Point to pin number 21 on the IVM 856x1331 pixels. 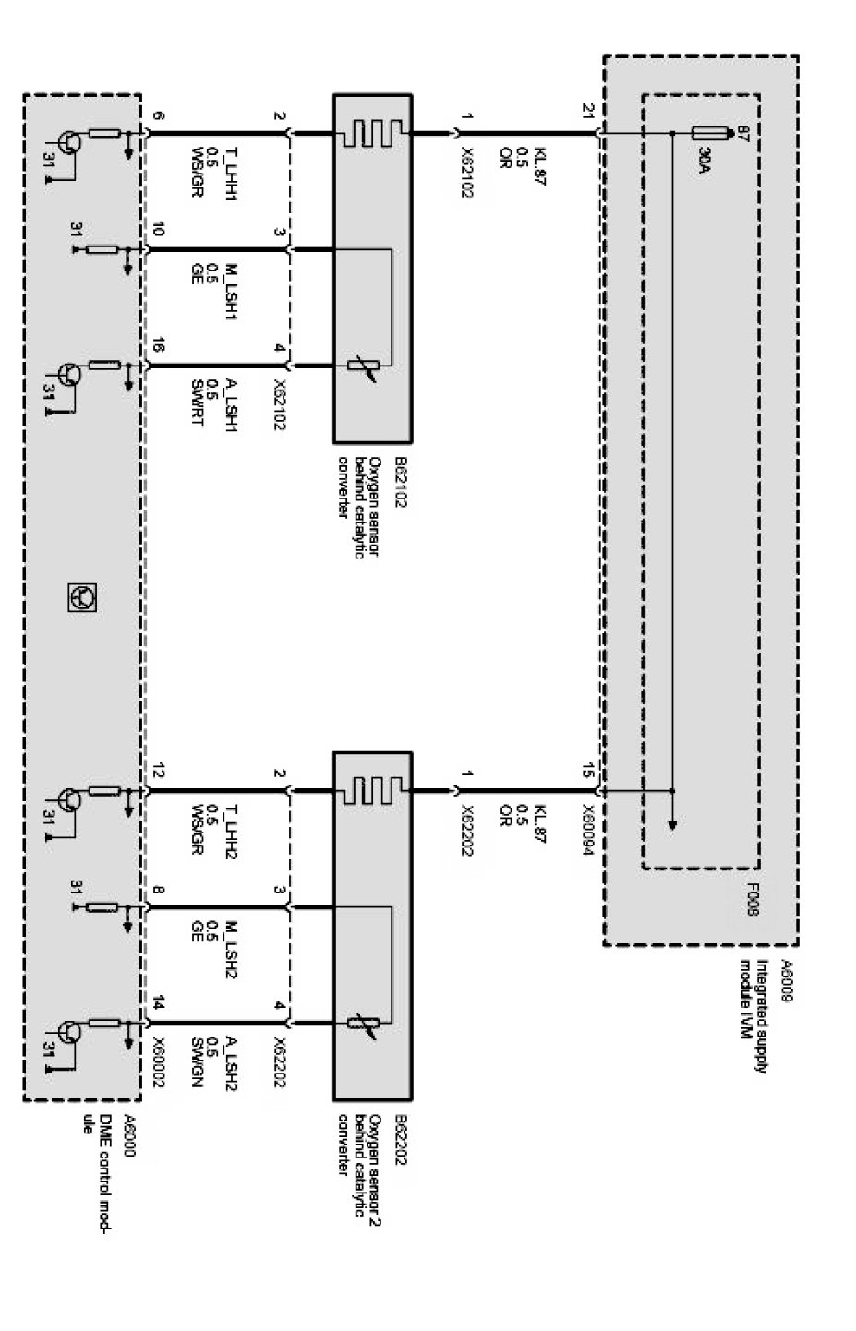(x=588, y=112)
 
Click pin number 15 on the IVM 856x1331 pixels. (x=588, y=773)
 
